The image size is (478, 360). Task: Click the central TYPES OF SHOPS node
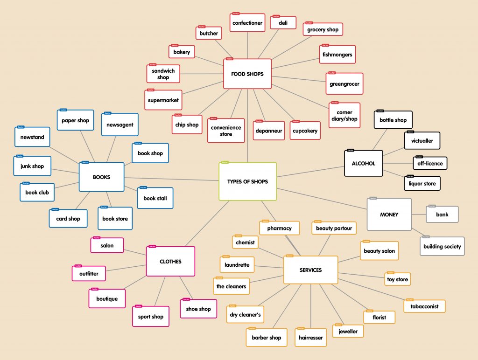[247, 181]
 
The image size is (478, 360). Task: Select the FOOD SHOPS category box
[247, 74]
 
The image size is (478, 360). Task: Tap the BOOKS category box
[101, 177]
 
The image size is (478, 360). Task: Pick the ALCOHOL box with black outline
[363, 163]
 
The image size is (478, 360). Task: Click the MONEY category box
[389, 215]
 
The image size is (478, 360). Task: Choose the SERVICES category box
[310, 270]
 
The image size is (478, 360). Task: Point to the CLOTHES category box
[170, 262]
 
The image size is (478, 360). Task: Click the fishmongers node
[337, 55]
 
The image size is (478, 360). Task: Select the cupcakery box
[305, 131]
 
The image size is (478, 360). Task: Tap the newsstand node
[32, 138]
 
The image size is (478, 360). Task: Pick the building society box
[442, 246]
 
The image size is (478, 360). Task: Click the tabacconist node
[424, 306]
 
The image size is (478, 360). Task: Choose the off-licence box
[430, 163]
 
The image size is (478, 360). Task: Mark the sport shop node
[151, 317]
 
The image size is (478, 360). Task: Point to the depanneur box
[269, 131]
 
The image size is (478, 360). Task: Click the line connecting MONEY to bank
[419, 215]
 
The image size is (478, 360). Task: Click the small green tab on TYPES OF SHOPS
[225, 162]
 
